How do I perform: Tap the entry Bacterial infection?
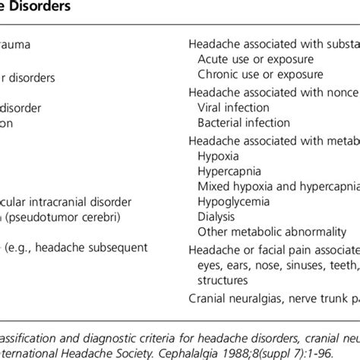tap(244, 122)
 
